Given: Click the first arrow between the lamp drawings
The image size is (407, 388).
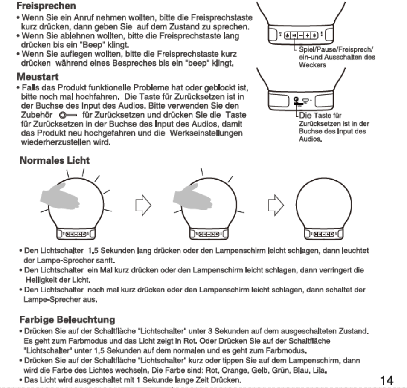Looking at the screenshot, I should [142, 207].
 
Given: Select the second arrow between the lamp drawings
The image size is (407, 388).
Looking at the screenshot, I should [273, 207].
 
